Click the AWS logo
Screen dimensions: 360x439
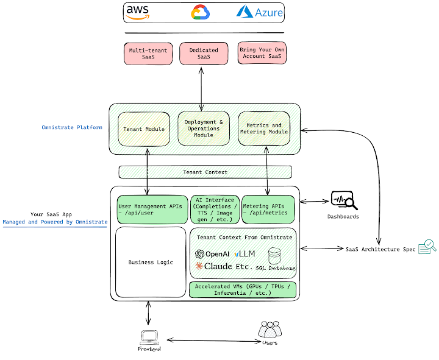138,12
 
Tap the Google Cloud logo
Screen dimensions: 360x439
201,12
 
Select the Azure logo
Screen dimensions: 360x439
260,12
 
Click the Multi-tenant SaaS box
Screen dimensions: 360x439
148,53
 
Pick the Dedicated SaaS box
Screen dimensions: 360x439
204,53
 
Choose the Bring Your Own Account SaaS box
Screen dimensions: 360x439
262,53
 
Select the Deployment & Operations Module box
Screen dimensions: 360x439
204,128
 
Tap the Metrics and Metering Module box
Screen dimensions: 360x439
263,129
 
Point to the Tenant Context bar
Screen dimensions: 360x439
205,172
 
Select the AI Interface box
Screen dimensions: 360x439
215,210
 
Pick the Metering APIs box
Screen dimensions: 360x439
268,210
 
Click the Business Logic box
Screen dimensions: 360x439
151,262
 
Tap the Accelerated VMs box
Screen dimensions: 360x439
243,290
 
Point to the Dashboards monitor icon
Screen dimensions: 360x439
342,200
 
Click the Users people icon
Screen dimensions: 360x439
270,330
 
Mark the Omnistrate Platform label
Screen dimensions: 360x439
72,127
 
